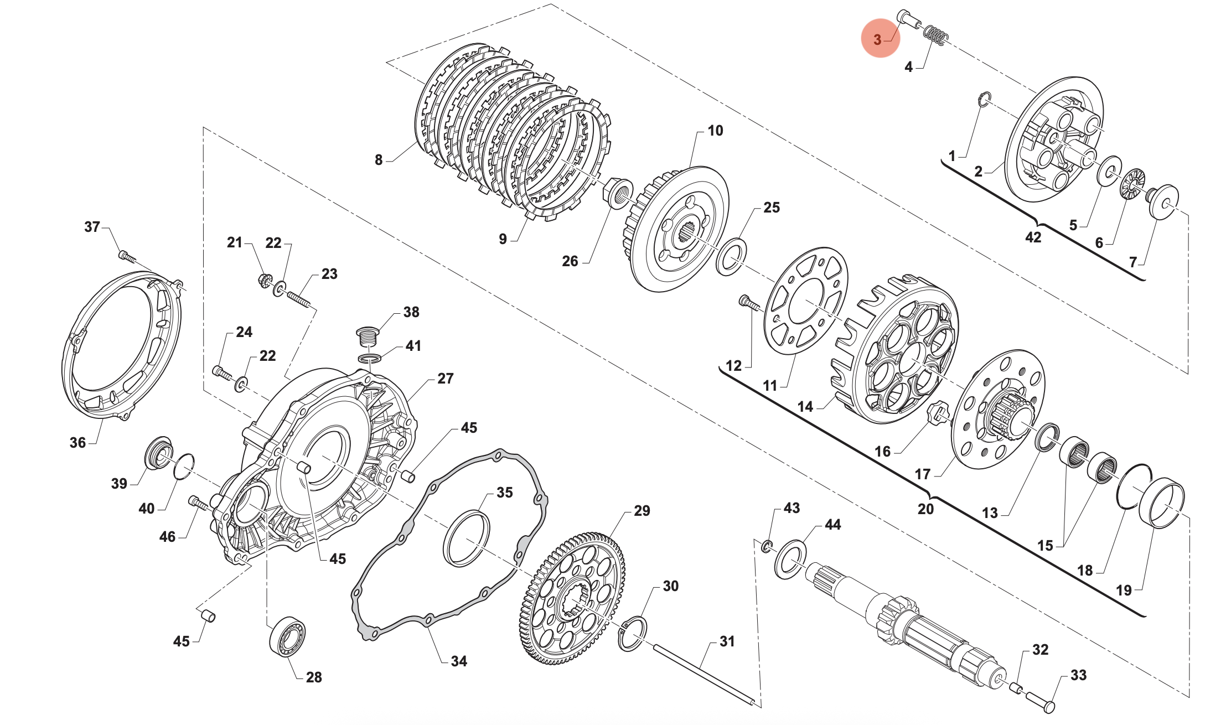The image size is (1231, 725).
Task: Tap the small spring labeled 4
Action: (935, 35)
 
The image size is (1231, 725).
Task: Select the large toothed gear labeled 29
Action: (573, 598)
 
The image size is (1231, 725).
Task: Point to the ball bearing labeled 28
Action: (287, 636)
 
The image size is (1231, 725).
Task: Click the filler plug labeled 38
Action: (367, 335)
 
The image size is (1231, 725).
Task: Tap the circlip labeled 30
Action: (632, 633)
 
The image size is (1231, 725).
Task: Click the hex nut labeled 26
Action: (617, 193)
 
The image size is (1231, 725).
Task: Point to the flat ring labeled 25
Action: (731, 257)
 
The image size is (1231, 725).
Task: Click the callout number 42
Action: (1033, 237)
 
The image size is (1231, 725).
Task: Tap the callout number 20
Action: (925, 509)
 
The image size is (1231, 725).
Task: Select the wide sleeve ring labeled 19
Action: (1161, 503)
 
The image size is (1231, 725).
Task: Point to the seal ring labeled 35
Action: (467, 538)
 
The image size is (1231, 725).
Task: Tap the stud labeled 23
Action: (298, 299)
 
